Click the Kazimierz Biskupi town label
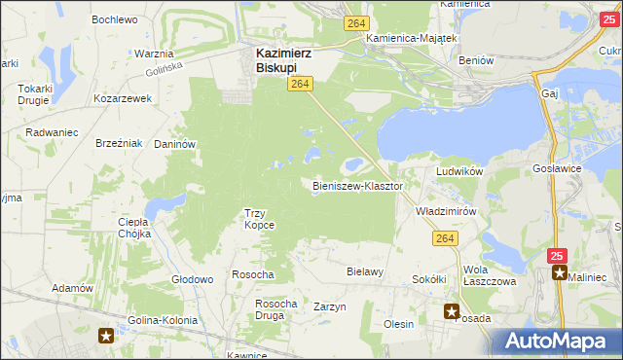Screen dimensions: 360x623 tap(283, 60)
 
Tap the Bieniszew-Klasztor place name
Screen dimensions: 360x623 tap(358, 185)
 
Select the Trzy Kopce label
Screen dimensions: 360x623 tap(259, 219)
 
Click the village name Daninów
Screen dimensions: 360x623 tap(175, 143)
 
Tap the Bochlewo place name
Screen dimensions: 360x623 tap(114, 19)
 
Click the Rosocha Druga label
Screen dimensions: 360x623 tap(275, 309)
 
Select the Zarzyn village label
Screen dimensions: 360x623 tap(330, 306)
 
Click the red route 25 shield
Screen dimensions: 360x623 tap(557, 255)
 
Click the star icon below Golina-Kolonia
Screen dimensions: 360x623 tap(107, 337)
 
